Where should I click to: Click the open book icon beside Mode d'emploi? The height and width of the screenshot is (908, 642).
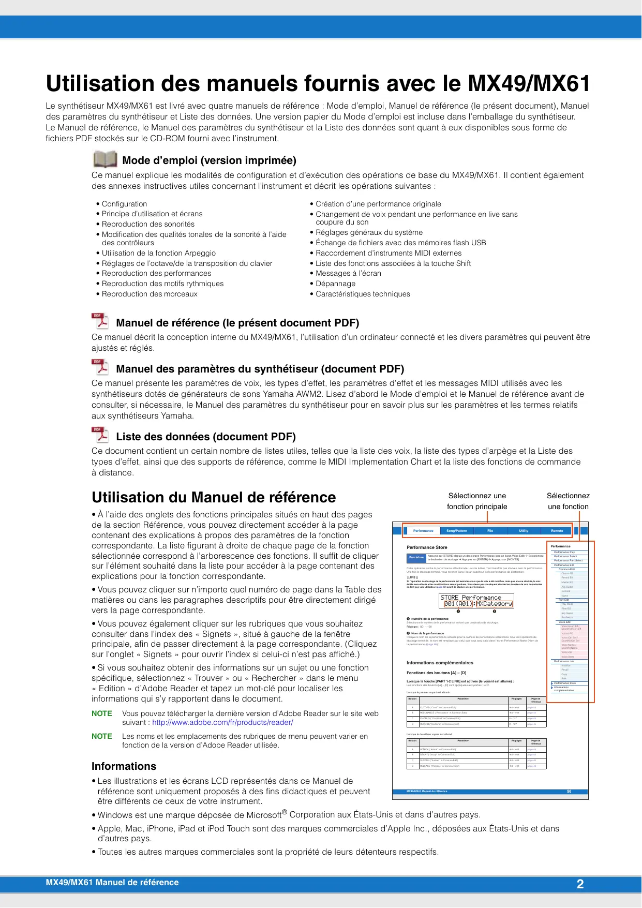pos(105,159)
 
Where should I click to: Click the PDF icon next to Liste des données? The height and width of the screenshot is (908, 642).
pos(100,435)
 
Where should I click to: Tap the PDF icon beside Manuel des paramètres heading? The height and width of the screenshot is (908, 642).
pos(100,367)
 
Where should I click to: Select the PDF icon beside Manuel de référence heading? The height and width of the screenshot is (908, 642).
pos(100,321)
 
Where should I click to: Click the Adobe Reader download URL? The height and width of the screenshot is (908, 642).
pos(222,722)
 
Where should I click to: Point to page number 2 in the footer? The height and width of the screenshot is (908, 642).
pos(580,884)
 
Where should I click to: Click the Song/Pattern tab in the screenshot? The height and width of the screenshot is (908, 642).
pos(457,531)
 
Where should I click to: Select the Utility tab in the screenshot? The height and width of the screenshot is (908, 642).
pos(524,531)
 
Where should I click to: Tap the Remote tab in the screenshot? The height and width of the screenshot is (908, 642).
pos(557,531)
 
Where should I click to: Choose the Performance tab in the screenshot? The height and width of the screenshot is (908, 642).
pos(423,531)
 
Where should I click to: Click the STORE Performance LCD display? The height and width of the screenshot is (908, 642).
pos(476,601)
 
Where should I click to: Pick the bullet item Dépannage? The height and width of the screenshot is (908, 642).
pos(335,284)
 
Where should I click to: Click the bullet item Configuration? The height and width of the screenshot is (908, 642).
pos(124,204)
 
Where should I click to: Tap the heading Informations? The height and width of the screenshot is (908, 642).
pos(124,766)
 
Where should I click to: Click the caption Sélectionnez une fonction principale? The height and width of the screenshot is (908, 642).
pos(477,501)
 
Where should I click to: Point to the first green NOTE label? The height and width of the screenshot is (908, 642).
pos(102,713)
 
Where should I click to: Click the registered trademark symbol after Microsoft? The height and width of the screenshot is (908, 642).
pos(285,812)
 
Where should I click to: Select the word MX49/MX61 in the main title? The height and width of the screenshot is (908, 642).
pos(529,84)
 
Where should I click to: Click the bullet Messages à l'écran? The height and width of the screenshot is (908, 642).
pos(348,273)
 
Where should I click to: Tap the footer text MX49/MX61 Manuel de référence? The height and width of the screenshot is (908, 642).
pos(112,883)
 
